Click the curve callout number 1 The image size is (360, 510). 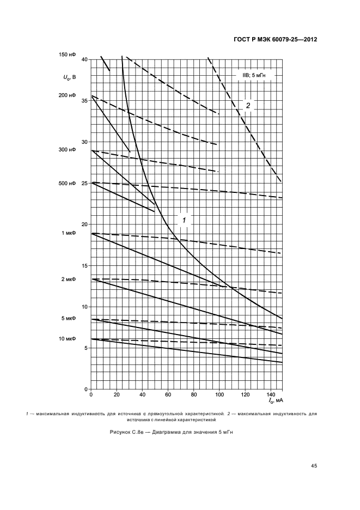pos(184,220)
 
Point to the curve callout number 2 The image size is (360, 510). pos(247,105)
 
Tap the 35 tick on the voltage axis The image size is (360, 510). pos(84,100)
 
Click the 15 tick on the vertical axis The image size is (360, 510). pos(84,265)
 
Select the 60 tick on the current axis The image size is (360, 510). pos(168,394)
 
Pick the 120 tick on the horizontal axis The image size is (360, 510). pos(245,394)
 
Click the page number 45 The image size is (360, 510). pos(314,465)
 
